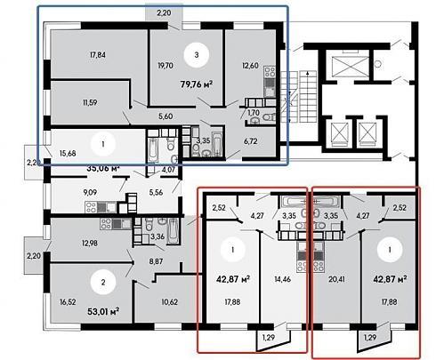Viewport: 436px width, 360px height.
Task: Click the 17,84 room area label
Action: coord(98,55)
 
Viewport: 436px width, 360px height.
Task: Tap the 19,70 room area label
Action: coord(166,66)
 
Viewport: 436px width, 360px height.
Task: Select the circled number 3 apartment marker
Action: coord(197,55)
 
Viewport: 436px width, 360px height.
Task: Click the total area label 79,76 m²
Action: coord(197,84)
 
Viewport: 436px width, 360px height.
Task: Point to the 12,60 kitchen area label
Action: coord(250,66)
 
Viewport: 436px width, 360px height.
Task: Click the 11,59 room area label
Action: coord(90,103)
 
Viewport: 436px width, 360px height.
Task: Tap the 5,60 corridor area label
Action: coord(166,116)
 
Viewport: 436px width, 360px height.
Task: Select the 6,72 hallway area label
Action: coord(251,141)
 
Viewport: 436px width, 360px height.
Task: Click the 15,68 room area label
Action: coord(68,154)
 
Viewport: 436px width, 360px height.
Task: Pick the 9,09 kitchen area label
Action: coord(90,193)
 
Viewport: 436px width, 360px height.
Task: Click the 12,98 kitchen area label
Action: coord(90,244)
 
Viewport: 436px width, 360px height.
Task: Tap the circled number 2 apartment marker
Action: coord(103,282)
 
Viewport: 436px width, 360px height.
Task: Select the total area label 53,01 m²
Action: coord(103,312)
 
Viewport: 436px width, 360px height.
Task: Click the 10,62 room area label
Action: coord(170,302)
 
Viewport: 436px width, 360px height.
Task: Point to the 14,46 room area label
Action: coord(282,279)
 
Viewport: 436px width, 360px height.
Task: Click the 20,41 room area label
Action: coord(336,279)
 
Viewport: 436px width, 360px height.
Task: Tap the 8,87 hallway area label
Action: coord(156,261)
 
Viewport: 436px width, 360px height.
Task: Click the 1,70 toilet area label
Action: coord(254,113)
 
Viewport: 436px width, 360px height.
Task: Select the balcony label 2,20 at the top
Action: coord(164,13)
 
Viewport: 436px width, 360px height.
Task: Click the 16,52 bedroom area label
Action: coord(68,302)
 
